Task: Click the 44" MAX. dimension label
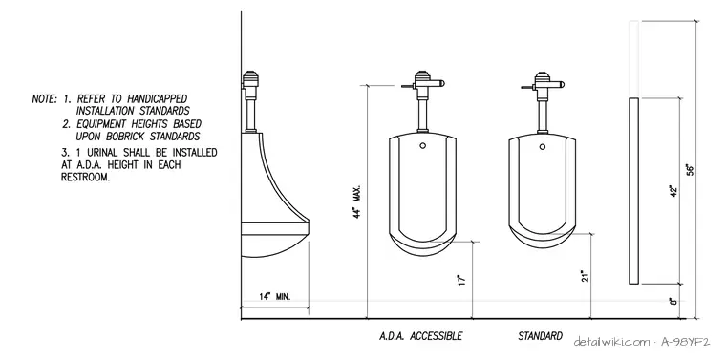(x=357, y=201)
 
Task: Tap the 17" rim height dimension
(x=461, y=280)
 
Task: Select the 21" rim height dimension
(x=586, y=276)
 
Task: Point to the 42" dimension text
(x=673, y=191)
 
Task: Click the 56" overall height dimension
(x=691, y=169)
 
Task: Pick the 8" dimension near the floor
(x=673, y=301)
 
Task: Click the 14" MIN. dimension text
(x=274, y=297)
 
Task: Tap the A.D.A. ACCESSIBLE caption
(x=420, y=336)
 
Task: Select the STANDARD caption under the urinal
(x=541, y=336)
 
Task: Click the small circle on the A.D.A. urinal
(x=423, y=145)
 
